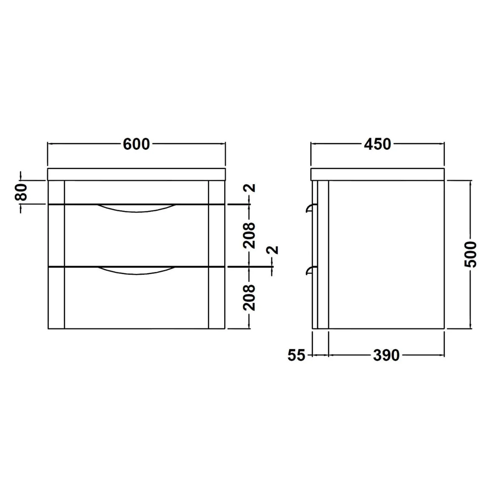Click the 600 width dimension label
[x=136, y=144]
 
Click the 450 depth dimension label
[x=377, y=144]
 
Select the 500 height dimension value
[x=470, y=254]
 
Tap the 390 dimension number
[x=386, y=355]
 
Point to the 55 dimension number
[x=296, y=355]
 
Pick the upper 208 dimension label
[x=249, y=235]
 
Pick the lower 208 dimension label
[x=249, y=297]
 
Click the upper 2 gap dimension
[x=252, y=188]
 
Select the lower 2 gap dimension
[x=274, y=250]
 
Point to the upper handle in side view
[x=310, y=208]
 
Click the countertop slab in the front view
[x=136, y=174]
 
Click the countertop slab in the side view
[x=377, y=174]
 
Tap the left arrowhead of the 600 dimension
[x=50, y=144]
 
